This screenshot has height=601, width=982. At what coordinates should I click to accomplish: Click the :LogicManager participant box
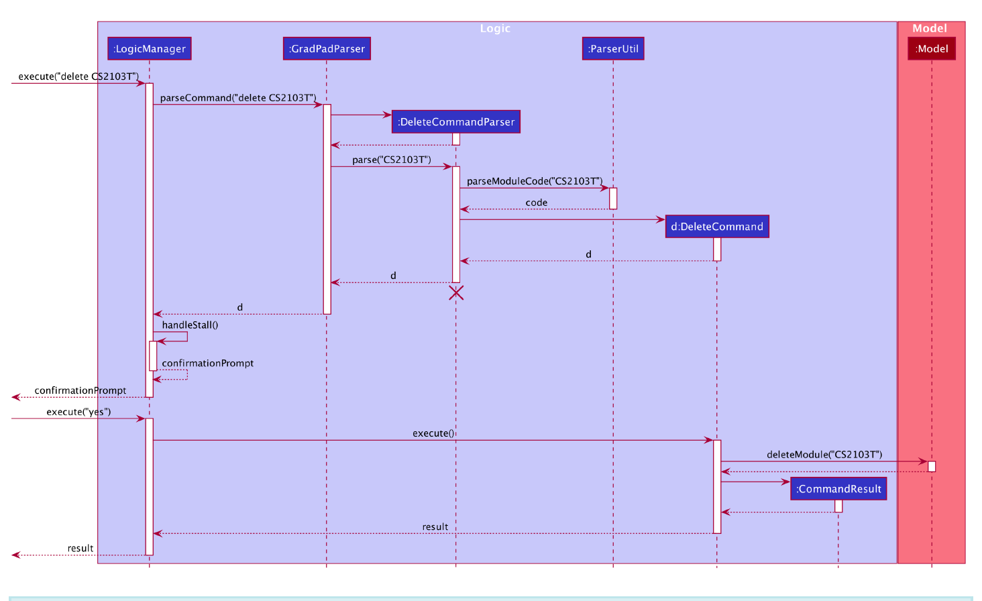(x=149, y=48)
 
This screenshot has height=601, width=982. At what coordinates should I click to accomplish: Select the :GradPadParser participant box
(x=327, y=48)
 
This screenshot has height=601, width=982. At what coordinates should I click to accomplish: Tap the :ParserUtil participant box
(x=613, y=48)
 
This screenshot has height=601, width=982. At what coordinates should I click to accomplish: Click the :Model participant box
(x=932, y=48)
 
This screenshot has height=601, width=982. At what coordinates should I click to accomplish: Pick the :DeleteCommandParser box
(x=456, y=122)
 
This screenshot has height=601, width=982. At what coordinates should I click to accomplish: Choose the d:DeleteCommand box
(x=717, y=227)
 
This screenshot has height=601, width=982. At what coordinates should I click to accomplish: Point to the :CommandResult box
(x=838, y=489)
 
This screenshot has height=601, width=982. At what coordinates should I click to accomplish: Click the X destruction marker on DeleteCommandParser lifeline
(x=456, y=292)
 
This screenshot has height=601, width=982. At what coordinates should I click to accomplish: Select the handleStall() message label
(x=190, y=325)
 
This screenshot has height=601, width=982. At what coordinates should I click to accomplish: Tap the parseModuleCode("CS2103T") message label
(x=535, y=181)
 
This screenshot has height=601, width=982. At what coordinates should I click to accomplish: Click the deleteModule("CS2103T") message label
(x=824, y=455)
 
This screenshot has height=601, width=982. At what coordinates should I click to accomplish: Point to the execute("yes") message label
(x=78, y=412)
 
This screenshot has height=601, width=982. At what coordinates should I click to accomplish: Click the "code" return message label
(x=537, y=203)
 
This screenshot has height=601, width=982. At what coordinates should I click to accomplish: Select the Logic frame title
(x=495, y=28)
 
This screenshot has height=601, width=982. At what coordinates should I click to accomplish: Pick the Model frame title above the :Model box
(x=930, y=28)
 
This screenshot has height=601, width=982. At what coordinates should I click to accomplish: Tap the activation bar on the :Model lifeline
(x=932, y=466)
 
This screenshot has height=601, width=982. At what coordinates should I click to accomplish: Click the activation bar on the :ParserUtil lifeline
(x=613, y=199)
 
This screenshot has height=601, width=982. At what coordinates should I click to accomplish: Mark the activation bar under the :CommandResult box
(x=838, y=506)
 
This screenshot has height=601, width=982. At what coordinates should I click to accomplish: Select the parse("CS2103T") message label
(x=392, y=160)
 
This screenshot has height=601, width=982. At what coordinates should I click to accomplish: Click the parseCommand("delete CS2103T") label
(x=238, y=98)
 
